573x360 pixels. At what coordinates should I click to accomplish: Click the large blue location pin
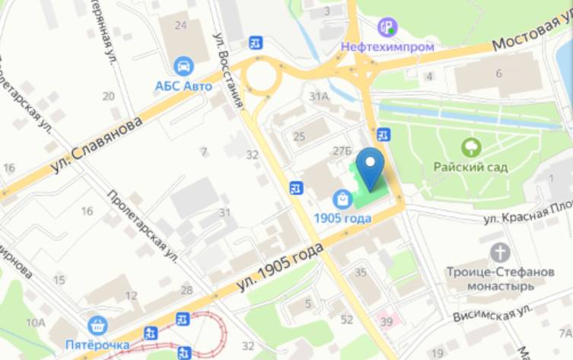pyautogui.click(x=371, y=167)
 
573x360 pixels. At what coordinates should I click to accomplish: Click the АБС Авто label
pyautogui.click(x=183, y=85)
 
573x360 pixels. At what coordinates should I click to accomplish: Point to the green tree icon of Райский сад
pyautogui.click(x=471, y=147)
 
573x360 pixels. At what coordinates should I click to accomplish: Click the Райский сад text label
pyautogui.click(x=471, y=167)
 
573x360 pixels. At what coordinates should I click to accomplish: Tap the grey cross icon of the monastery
pyautogui.click(x=500, y=253)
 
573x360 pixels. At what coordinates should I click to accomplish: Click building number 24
pyautogui.click(x=180, y=25)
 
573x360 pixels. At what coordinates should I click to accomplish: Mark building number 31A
pyautogui.click(x=318, y=96)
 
